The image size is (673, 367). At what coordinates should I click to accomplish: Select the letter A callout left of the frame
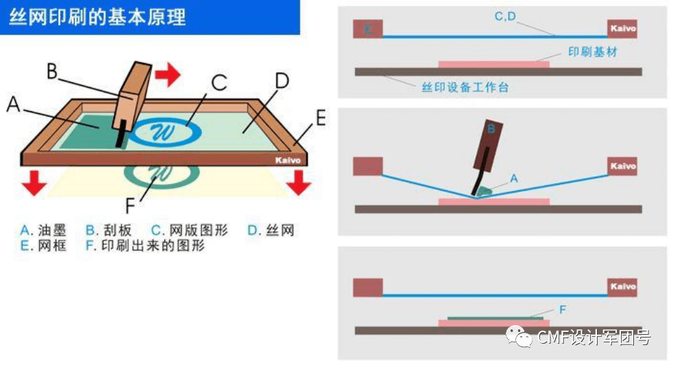(13, 104)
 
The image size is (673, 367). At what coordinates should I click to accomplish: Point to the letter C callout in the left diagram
(218, 83)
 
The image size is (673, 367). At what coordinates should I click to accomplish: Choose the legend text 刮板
(117, 230)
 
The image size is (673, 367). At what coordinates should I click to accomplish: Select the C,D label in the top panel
(505, 16)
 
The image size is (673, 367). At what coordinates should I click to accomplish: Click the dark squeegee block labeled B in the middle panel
(489, 144)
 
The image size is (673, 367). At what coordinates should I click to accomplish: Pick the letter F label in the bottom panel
(562, 310)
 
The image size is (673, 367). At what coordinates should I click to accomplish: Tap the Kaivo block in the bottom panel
(622, 287)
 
